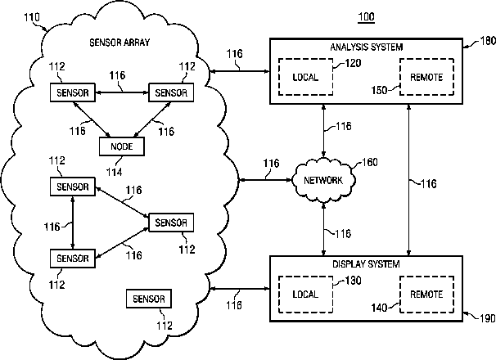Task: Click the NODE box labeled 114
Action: tap(121, 146)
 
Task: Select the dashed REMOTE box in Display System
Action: tap(426, 294)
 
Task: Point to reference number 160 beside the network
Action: tap(370, 163)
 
